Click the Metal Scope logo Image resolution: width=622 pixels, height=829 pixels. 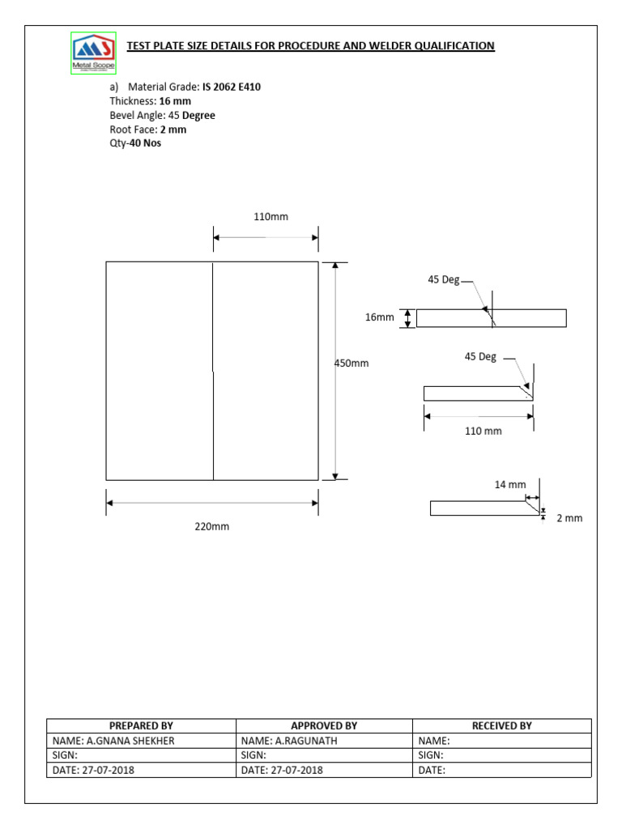coord(93,55)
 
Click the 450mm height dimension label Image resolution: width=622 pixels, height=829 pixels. coord(351,363)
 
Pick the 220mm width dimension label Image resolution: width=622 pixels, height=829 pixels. coord(211,526)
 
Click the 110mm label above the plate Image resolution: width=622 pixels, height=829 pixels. coord(271,217)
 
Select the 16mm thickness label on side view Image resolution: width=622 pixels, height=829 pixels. coord(379,317)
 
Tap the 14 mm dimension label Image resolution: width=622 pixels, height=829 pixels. coord(510,485)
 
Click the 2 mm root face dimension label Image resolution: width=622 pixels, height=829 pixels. coord(569,518)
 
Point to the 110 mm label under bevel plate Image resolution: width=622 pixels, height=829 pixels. coord(483,431)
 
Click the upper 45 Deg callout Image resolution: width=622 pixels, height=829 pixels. coord(443,279)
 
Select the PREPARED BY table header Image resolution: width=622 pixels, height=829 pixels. coord(141,726)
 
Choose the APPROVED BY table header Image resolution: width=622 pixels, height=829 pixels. coord(324,726)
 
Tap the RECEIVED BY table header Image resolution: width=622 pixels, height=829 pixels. coord(501,726)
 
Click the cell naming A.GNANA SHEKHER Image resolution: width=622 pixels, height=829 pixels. coord(113,741)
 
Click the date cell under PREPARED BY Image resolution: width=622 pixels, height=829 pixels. coord(94,770)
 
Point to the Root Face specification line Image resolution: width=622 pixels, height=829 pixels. coord(148,130)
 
